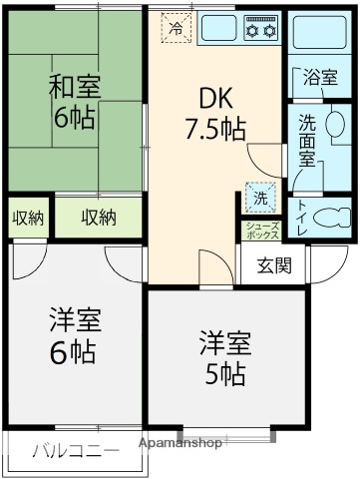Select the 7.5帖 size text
point(214,128)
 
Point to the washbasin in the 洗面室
point(335,124)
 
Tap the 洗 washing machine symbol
point(260,198)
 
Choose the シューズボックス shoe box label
point(263,231)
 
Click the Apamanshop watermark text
point(179,442)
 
